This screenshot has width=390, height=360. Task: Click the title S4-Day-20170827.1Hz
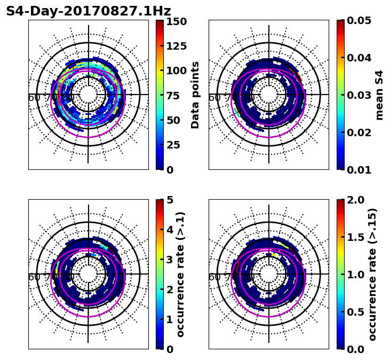click(x=89, y=11)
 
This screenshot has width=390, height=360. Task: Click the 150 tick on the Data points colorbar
click(x=175, y=21)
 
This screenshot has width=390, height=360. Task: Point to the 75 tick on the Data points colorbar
click(x=175, y=96)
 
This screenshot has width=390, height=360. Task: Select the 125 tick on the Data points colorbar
click(x=175, y=46)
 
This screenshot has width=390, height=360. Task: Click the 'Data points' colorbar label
click(x=195, y=95)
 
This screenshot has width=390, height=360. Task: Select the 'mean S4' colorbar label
click(x=379, y=95)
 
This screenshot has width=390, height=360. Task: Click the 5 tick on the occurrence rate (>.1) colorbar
click(x=170, y=200)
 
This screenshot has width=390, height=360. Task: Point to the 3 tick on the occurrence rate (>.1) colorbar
click(x=170, y=260)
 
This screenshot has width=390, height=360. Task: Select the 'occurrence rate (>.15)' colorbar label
click(x=372, y=275)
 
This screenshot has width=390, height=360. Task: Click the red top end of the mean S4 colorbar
click(x=340, y=22)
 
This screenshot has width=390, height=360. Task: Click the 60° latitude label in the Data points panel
click(x=34, y=98)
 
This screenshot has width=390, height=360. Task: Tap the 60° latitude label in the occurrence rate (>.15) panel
click(x=214, y=277)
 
